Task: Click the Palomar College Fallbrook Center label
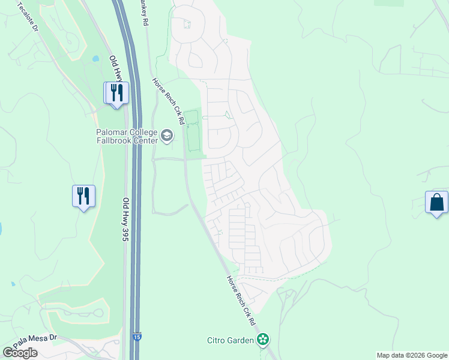click(127, 136)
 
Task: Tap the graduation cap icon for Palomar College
click(167, 137)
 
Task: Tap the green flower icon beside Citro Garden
click(262, 340)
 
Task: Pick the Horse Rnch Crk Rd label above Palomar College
click(167, 100)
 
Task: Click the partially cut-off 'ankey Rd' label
click(143, 12)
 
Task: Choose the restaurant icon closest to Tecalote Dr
click(116, 93)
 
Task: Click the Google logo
click(20, 353)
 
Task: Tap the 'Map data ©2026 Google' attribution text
click(411, 355)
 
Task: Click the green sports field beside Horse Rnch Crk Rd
click(193, 131)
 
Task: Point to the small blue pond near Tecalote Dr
click(96, 59)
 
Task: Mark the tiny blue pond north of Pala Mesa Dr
click(12, 284)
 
